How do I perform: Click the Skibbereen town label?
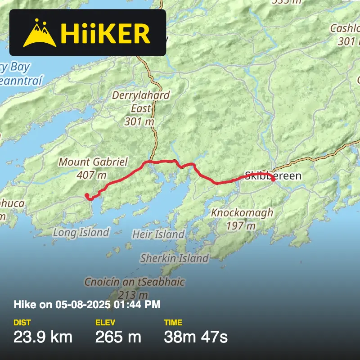[x=273, y=175]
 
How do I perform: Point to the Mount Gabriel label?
[x=94, y=162]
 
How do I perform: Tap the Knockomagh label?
[x=242, y=212]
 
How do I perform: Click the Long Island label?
[x=81, y=232]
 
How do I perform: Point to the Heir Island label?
[x=158, y=234]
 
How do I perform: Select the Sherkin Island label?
[x=174, y=258]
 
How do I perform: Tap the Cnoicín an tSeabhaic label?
[x=135, y=282]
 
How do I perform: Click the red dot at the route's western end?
[x=86, y=195]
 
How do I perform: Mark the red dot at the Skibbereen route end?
[x=273, y=179]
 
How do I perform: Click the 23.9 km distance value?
[x=43, y=337]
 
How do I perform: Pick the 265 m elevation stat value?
[x=118, y=337]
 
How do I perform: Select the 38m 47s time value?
[x=196, y=337]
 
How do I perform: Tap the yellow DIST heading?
[x=22, y=323]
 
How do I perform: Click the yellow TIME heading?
[x=173, y=323]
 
